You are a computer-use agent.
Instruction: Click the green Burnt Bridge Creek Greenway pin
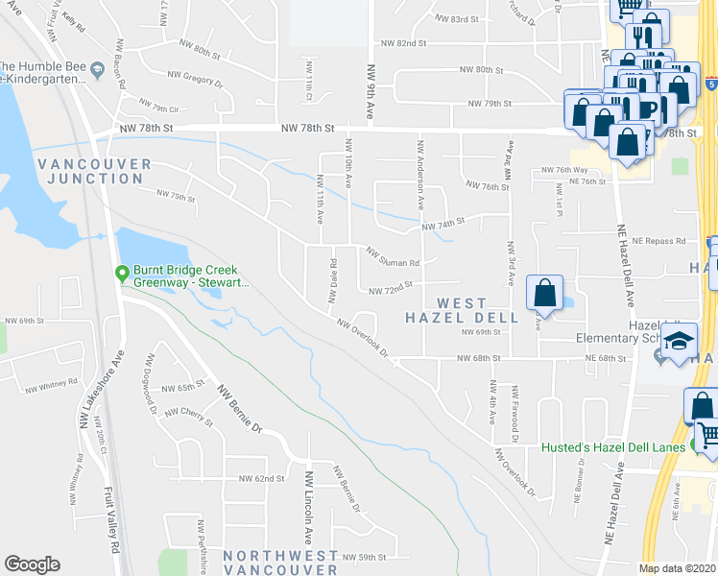tap(121, 275)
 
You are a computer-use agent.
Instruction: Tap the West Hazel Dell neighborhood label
tap(462, 309)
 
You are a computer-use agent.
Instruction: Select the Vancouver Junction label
tap(94, 171)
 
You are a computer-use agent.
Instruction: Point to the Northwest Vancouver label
tap(281, 563)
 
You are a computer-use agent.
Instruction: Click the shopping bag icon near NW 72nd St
tap(544, 295)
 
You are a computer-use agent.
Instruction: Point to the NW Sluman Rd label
tap(394, 256)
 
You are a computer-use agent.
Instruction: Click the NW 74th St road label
tap(443, 223)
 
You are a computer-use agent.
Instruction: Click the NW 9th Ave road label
tap(371, 91)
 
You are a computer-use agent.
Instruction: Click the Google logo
tap(33, 564)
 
